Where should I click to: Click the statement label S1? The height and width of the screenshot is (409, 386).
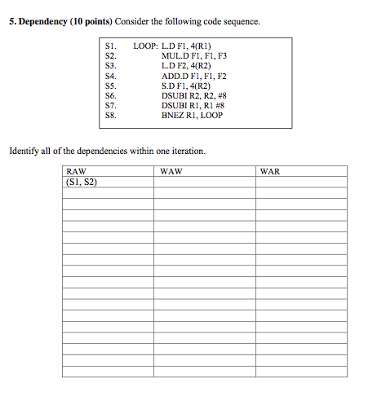[112, 46]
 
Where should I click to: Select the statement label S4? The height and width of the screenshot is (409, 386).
[112, 76]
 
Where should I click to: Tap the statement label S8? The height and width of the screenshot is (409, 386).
[112, 115]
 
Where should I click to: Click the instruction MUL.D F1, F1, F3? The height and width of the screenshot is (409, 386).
[195, 56]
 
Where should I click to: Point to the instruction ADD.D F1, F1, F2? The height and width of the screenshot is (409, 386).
[195, 76]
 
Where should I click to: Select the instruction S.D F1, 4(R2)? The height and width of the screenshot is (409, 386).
[187, 86]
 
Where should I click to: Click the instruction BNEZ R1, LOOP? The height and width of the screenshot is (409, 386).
[192, 115]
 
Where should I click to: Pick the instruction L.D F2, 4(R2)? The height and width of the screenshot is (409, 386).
[187, 66]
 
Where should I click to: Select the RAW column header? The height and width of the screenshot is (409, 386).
[75, 172]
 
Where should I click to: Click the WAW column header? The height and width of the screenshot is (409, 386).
[171, 172]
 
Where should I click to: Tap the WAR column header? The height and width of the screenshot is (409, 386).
[270, 172]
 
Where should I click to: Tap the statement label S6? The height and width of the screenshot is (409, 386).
[112, 95]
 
